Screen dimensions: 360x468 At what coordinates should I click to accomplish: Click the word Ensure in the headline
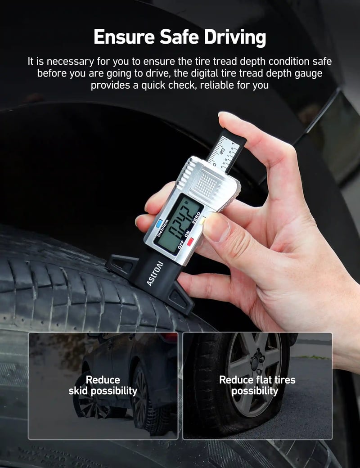tap(124, 37)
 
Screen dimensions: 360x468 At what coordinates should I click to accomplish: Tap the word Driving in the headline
tap(235, 38)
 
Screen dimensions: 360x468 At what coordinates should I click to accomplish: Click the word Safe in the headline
tap(179, 37)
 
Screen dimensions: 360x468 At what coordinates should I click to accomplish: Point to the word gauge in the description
tap(308, 74)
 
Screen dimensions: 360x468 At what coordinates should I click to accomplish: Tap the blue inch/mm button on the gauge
tap(159, 224)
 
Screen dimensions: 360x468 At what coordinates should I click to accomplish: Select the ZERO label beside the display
tap(196, 218)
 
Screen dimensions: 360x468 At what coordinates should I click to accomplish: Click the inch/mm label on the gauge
tap(163, 228)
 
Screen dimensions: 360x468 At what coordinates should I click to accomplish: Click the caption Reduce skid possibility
tap(103, 386)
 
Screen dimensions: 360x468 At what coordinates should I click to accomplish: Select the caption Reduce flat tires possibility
tap(257, 386)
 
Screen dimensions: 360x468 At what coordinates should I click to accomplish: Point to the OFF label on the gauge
tap(181, 244)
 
